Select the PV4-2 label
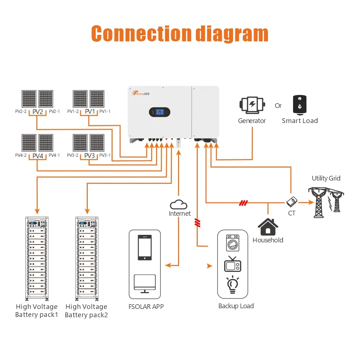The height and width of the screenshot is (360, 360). [x=21, y=155]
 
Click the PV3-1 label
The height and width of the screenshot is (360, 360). [x=105, y=155]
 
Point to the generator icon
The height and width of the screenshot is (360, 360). [x=252, y=105]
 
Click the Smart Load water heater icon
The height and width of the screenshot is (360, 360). [x=300, y=105]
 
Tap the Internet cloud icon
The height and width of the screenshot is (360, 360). [x=179, y=205]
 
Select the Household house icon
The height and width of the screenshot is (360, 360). [x=268, y=227]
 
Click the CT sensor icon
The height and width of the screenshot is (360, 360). [x=291, y=202]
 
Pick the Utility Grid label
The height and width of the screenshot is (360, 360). [x=326, y=178]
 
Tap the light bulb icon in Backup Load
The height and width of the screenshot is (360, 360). [x=233, y=284]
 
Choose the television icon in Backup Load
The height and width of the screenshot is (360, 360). [x=233, y=264]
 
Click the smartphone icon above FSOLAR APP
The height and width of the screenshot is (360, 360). [x=145, y=247]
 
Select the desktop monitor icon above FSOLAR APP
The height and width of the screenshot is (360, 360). [x=145, y=282]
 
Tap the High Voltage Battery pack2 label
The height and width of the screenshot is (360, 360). [x=86, y=311]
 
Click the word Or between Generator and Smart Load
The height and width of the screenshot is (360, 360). [x=278, y=106]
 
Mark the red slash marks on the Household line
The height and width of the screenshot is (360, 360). [x=243, y=203]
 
